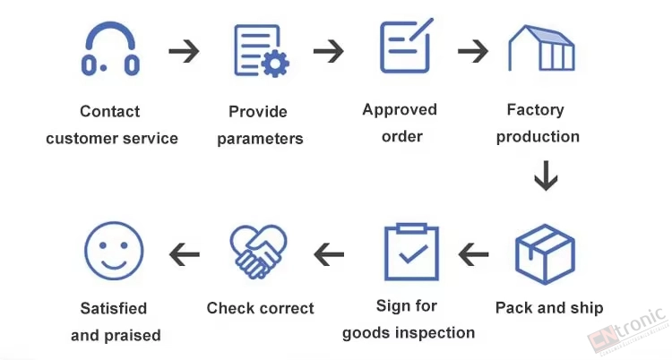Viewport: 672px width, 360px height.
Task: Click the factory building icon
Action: [541, 48]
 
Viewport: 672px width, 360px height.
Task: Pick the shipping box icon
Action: [545, 254]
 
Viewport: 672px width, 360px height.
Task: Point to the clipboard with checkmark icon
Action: [411, 252]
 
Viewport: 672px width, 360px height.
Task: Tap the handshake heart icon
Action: [258, 252]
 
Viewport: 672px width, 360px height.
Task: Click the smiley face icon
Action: [114, 251]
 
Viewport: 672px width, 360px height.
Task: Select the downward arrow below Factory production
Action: [546, 176]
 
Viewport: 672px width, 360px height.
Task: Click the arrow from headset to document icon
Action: [185, 51]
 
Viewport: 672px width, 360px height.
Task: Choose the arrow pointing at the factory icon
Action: [473, 51]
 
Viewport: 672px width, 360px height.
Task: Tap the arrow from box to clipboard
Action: [473, 254]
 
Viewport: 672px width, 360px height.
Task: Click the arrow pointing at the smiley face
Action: [185, 254]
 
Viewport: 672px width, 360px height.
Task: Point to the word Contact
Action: [109, 111]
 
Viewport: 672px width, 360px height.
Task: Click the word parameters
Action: [260, 140]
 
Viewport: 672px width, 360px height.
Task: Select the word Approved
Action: [400, 110]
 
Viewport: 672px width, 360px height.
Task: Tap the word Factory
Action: [535, 110]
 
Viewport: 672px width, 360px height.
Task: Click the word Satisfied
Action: [114, 308]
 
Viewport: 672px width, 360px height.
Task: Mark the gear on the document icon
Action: [275, 64]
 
